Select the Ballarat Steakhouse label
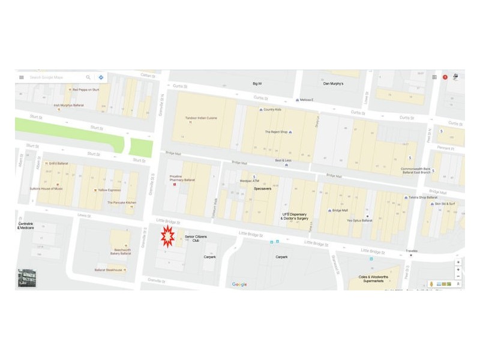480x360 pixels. [x=109, y=270]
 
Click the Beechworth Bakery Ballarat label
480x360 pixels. [x=121, y=252]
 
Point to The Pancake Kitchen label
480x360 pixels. [x=122, y=203]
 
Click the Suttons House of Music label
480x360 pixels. [x=46, y=189]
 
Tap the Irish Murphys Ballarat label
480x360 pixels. [x=68, y=105]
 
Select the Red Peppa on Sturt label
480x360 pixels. [x=88, y=90]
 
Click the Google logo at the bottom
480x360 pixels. [x=239, y=284]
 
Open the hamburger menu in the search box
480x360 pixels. [x=22, y=77]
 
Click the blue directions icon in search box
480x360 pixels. [x=101, y=77]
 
